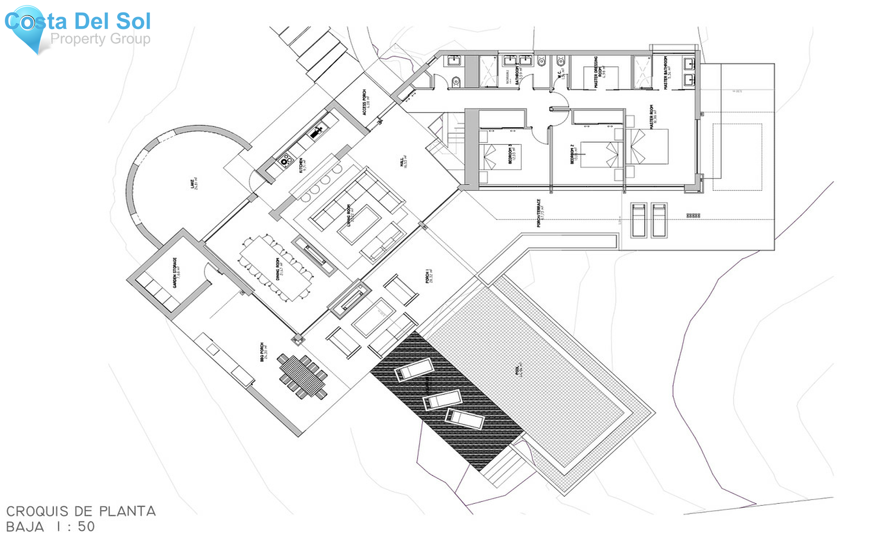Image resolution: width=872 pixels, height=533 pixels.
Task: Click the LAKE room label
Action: tap(193, 184)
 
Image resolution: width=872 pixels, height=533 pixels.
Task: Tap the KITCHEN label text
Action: tap(302, 165)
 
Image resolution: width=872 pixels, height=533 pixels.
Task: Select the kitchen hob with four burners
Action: tap(285, 158)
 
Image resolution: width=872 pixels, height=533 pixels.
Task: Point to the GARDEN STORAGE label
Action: tap(177, 272)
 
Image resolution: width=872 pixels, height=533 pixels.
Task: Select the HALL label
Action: tap(404, 162)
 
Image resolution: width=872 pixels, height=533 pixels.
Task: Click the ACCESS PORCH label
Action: tap(366, 102)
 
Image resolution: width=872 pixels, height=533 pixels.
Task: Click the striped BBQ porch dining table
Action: tap(303, 376)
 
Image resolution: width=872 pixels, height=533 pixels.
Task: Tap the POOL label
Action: tap(519, 370)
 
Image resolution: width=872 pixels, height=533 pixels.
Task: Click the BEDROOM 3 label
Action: tap(511, 155)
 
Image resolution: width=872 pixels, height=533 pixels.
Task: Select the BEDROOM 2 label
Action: tap(573, 154)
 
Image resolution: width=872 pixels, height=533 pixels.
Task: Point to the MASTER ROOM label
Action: tap(654, 117)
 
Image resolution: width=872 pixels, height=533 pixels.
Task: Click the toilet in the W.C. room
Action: tap(561, 62)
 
